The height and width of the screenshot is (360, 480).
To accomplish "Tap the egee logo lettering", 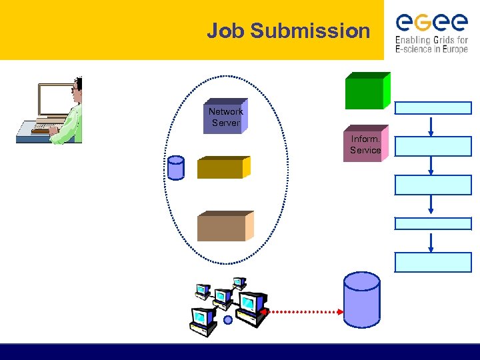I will pos(431,23).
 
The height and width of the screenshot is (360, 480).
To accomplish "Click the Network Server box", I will pos(225,117).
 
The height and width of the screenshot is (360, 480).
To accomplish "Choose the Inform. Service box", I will pos(365,143).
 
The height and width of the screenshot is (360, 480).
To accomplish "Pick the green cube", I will pos(365,92).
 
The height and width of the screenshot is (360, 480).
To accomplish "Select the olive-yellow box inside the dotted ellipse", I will pos(222,168).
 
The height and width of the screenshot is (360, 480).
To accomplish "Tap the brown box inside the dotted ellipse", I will pos(223,227).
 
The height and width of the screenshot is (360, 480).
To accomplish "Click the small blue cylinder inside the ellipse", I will pos(176,168).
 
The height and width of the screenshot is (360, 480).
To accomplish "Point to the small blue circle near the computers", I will pos(228,320).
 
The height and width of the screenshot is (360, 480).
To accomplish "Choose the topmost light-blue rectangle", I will pos(433,108).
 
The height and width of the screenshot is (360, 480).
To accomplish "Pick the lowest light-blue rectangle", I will pos(433,262).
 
